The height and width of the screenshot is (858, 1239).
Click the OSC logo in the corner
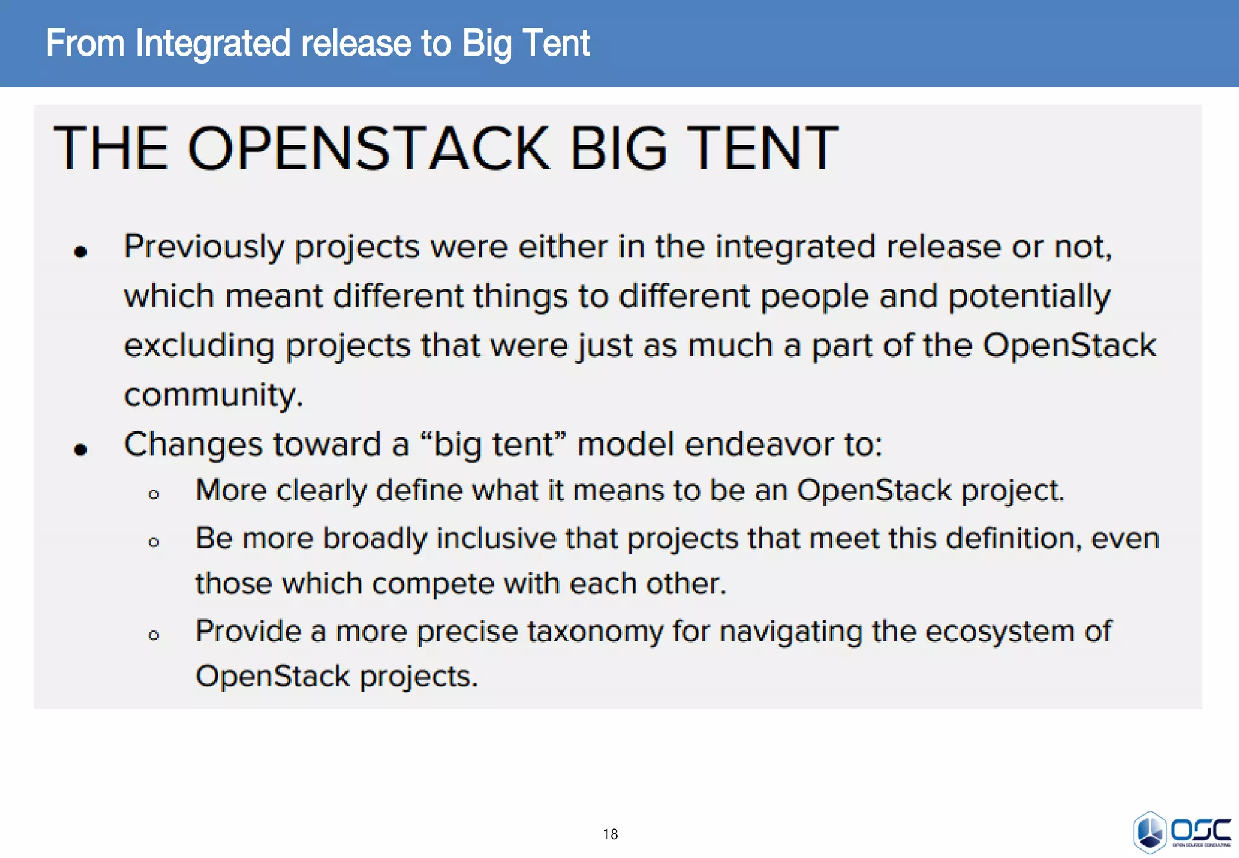[1182, 831]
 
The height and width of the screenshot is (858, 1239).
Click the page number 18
[610, 834]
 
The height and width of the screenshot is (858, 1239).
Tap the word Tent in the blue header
[555, 44]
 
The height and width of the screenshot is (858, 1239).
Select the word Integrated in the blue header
[213, 44]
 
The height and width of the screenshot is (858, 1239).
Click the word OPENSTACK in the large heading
[369, 148]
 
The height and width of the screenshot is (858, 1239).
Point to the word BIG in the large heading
[618, 148]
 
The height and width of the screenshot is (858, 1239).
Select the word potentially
[1028, 297]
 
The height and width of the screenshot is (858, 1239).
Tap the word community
[213, 396]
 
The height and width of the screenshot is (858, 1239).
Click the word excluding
[199, 346]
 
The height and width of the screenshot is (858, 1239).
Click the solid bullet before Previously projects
[80, 251]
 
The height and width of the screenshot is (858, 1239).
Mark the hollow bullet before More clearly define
[154, 494]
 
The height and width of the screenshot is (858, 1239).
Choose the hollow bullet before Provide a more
[154, 635]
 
